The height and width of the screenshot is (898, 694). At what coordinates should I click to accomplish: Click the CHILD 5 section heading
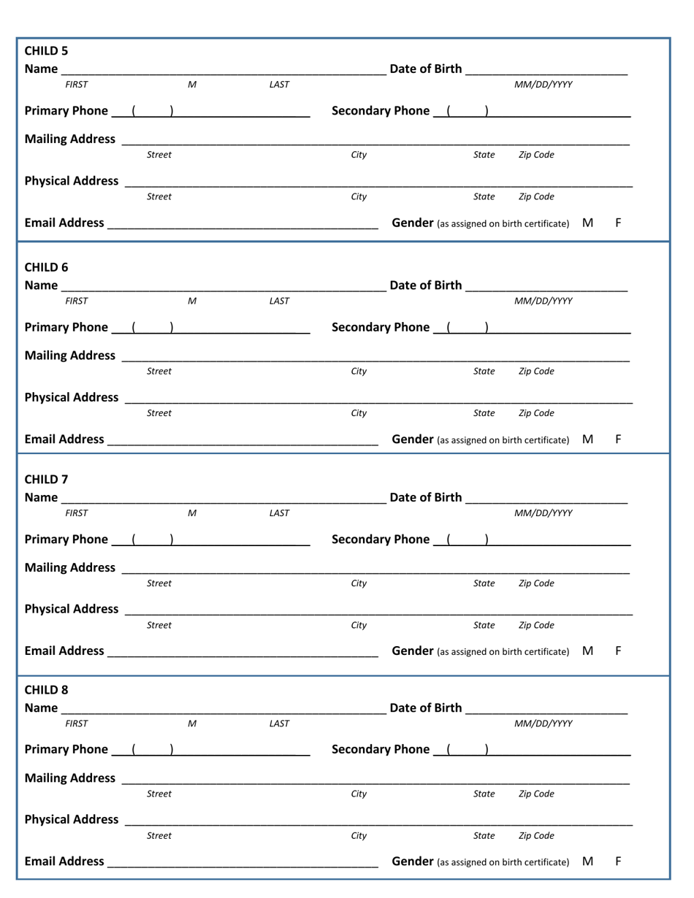pyautogui.click(x=46, y=51)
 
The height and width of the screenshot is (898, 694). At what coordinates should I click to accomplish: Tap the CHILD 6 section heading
pyautogui.click(x=46, y=266)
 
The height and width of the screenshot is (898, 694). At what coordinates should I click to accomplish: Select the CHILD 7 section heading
pyautogui.click(x=46, y=480)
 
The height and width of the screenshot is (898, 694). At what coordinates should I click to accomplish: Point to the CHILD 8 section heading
pyautogui.click(x=46, y=690)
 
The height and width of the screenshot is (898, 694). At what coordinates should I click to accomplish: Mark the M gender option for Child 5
pyautogui.click(x=588, y=222)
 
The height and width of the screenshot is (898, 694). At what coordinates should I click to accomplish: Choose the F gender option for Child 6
pyautogui.click(x=619, y=440)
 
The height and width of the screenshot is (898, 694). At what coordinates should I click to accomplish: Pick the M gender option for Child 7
pyautogui.click(x=588, y=650)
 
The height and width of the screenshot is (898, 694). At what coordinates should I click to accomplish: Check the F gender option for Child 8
pyautogui.click(x=619, y=861)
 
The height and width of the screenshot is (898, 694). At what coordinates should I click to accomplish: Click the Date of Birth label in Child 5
pyautogui.click(x=426, y=69)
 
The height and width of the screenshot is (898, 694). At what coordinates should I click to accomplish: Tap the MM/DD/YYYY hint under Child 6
pyautogui.click(x=544, y=301)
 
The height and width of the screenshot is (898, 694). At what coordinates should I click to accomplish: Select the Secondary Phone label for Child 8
pyautogui.click(x=381, y=750)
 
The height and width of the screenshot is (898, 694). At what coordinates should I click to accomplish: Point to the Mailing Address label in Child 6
pyautogui.click(x=70, y=356)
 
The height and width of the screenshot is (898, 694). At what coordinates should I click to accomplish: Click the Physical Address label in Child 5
pyautogui.click(x=72, y=180)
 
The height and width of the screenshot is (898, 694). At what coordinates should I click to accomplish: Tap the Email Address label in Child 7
pyautogui.click(x=64, y=651)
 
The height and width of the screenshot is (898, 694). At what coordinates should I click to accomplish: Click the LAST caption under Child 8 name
pyautogui.click(x=279, y=724)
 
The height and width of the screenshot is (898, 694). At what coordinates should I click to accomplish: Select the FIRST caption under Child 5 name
pyautogui.click(x=76, y=85)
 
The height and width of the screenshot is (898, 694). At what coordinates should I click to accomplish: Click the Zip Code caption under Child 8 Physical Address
pyautogui.click(x=536, y=835)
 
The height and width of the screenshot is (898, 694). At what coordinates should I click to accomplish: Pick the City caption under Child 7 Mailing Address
pyautogui.click(x=359, y=583)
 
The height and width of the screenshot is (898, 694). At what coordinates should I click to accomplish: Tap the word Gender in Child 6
pyautogui.click(x=413, y=440)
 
